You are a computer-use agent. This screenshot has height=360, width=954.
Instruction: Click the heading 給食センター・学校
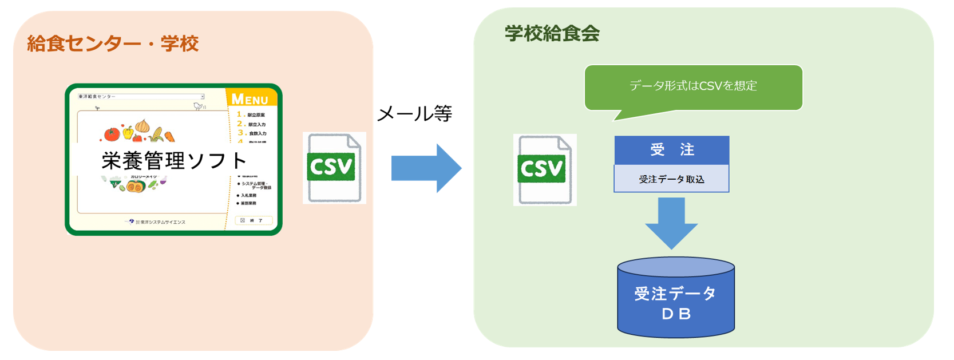[x=113, y=43]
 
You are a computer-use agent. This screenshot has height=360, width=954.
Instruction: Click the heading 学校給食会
[x=552, y=34]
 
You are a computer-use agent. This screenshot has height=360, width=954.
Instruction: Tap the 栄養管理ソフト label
[x=174, y=161]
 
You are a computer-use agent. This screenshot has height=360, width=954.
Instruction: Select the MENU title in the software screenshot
[x=250, y=100]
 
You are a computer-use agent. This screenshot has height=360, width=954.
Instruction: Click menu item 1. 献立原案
[x=251, y=115]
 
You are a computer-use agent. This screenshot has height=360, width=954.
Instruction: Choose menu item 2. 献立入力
[x=252, y=124]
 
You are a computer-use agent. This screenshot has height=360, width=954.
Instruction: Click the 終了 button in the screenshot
[x=254, y=220]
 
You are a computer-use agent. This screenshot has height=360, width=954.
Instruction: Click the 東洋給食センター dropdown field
[x=141, y=97]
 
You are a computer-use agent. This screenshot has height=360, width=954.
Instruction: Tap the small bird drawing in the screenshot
[x=199, y=106]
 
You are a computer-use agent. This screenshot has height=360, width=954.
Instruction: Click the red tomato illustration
[x=112, y=134]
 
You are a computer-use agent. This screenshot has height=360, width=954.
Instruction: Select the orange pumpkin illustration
[x=136, y=187]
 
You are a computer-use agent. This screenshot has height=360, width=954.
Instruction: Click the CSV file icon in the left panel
[x=334, y=168]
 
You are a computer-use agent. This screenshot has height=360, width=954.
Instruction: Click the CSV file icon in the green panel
[x=544, y=169]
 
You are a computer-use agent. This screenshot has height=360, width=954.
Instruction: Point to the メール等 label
[x=414, y=113]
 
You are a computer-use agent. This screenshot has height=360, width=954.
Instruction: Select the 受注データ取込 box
[x=671, y=179]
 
